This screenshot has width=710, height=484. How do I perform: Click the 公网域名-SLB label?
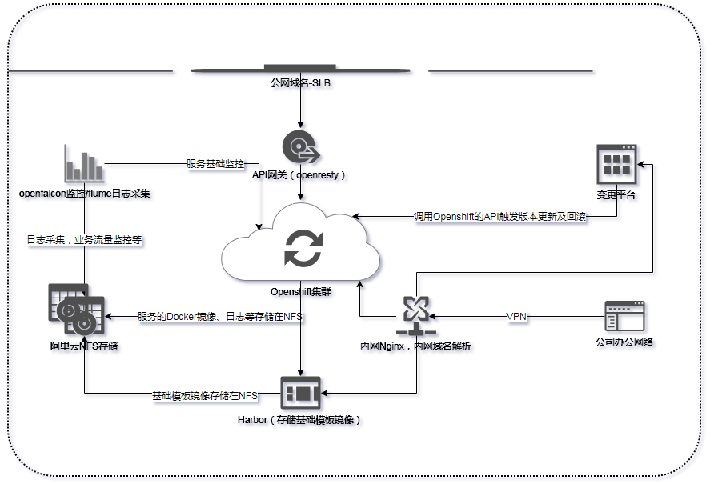(300, 82)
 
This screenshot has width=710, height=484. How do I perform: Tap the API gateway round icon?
(300, 147)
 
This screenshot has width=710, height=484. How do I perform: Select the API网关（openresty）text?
(299, 174)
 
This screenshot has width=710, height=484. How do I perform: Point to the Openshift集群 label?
(300, 292)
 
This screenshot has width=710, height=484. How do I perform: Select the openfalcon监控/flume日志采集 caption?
(85, 194)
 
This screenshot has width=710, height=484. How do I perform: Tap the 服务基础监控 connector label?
(215, 163)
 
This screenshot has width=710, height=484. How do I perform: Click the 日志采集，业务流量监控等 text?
(85, 239)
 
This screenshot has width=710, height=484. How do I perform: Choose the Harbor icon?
(300, 393)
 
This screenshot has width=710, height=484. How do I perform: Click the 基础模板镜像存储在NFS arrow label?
(205, 396)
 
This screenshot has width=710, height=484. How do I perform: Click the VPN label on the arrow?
(516, 317)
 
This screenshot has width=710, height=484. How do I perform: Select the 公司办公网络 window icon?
(625, 317)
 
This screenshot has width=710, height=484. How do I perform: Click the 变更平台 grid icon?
(616, 165)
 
